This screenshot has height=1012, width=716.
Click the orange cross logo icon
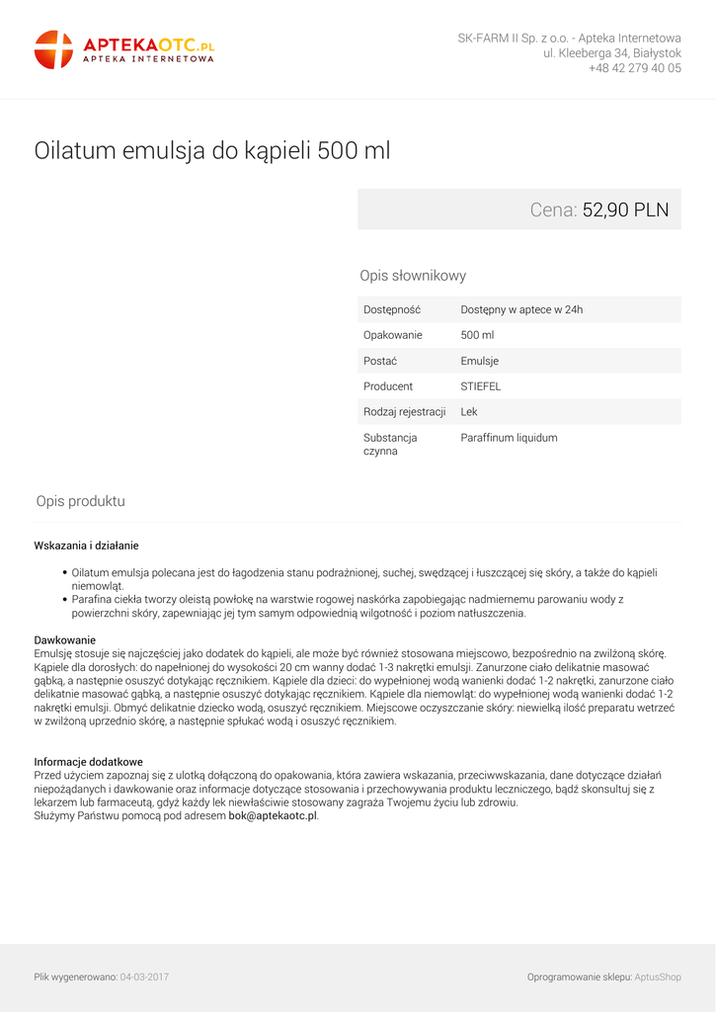53,49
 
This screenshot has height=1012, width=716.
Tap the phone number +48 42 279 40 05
634,68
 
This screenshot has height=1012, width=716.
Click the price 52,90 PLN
625,210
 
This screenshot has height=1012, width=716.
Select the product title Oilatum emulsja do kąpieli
212,151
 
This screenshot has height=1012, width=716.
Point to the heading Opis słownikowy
413,276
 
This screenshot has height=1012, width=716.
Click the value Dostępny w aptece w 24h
521,309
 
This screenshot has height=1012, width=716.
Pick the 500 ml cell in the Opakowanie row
477,335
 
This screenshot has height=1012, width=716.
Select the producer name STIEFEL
480,386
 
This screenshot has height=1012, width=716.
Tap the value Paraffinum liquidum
509,438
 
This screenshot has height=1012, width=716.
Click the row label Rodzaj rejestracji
404,412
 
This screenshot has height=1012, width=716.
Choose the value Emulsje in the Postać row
479,361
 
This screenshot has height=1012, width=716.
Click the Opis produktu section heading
80,501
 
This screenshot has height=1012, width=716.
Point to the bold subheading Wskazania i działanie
86,545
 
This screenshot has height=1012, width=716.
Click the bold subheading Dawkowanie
64,639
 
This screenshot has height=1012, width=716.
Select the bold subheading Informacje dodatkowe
88,762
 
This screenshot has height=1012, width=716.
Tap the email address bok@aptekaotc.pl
273,815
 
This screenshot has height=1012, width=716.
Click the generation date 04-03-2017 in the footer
144,976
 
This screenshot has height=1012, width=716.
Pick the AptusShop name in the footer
658,976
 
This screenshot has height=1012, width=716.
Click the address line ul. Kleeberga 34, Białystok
611,52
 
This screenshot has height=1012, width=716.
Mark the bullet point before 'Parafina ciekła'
64,599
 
